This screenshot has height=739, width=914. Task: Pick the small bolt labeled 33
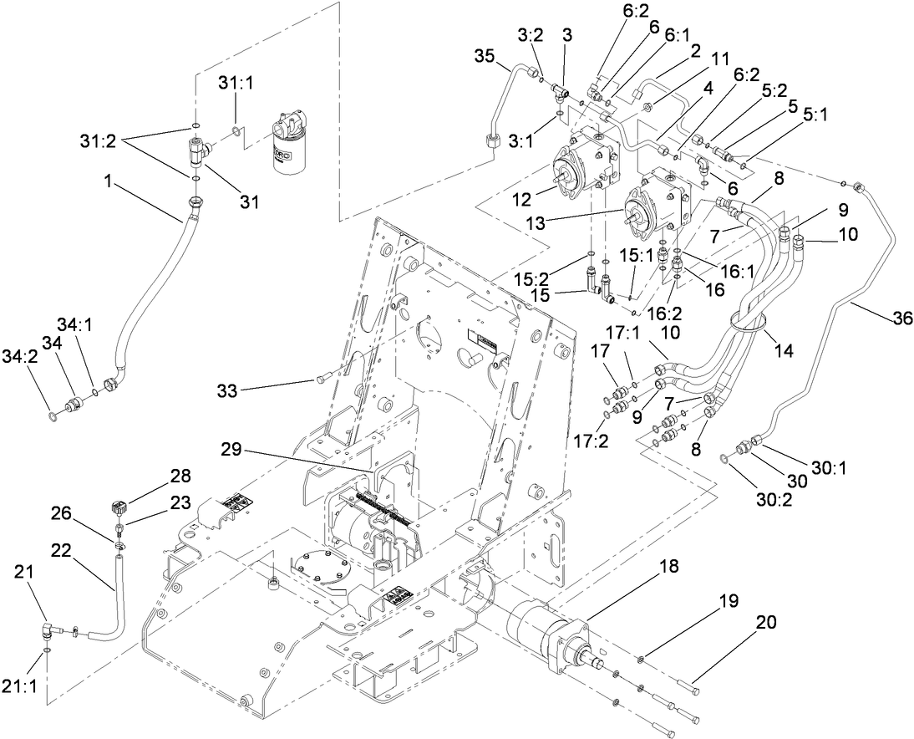322,380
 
